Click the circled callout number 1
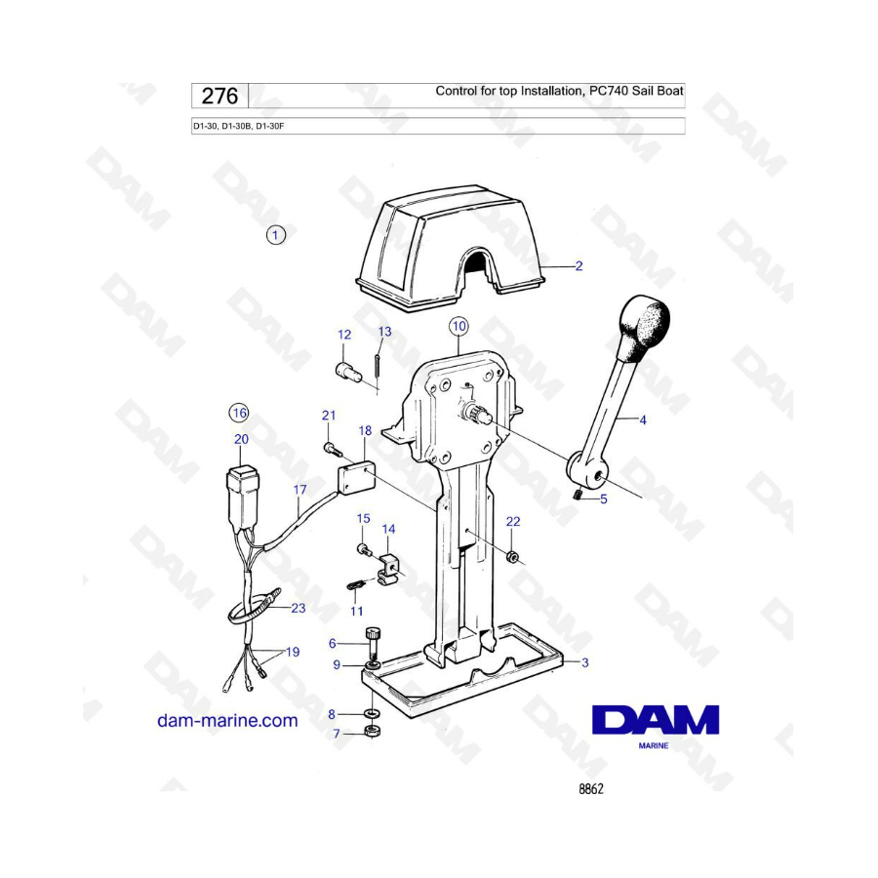tap(275, 234)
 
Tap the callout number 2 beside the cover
tap(579, 266)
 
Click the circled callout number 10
tap(459, 327)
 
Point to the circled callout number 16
tap(239, 414)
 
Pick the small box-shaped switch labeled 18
tap(356, 477)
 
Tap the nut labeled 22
tap(511, 557)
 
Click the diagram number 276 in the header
tap(219, 96)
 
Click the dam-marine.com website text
tap(227, 720)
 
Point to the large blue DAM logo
tap(656, 720)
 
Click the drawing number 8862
tap(591, 789)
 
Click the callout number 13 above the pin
tap(384, 332)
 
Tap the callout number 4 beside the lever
tap(643, 419)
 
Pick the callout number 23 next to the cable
tap(299, 608)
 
